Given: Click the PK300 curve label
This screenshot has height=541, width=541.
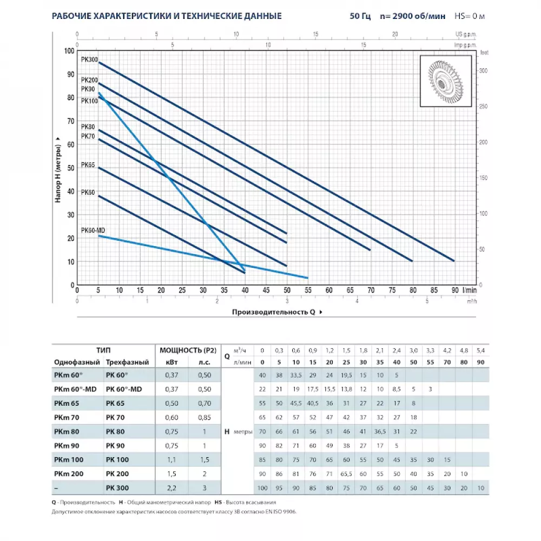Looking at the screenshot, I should coord(89,60).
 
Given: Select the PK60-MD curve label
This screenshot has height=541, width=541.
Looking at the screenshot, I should coord(93,230).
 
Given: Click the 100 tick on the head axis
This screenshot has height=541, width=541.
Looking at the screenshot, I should coord(69,51).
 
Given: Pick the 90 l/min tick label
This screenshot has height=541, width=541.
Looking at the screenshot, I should coord(455,291).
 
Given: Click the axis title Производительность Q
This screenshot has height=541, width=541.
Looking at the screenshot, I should coord(274,312).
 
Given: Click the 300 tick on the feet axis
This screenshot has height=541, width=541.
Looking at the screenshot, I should coord(484,70).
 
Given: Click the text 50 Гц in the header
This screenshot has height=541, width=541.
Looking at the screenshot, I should coord(360,16).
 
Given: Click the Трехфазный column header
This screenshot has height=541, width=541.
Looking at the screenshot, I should coord(124,362).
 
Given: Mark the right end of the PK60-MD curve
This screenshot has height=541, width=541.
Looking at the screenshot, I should coord(308,278).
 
